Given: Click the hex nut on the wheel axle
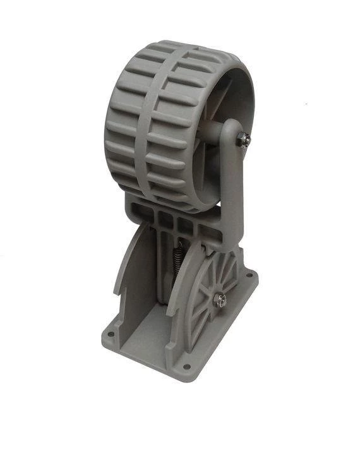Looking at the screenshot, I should point(243,140).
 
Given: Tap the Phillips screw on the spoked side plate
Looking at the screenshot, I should point(220,301).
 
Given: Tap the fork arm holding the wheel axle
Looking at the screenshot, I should point(228,183).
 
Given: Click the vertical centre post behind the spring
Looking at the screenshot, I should point(165,278).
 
